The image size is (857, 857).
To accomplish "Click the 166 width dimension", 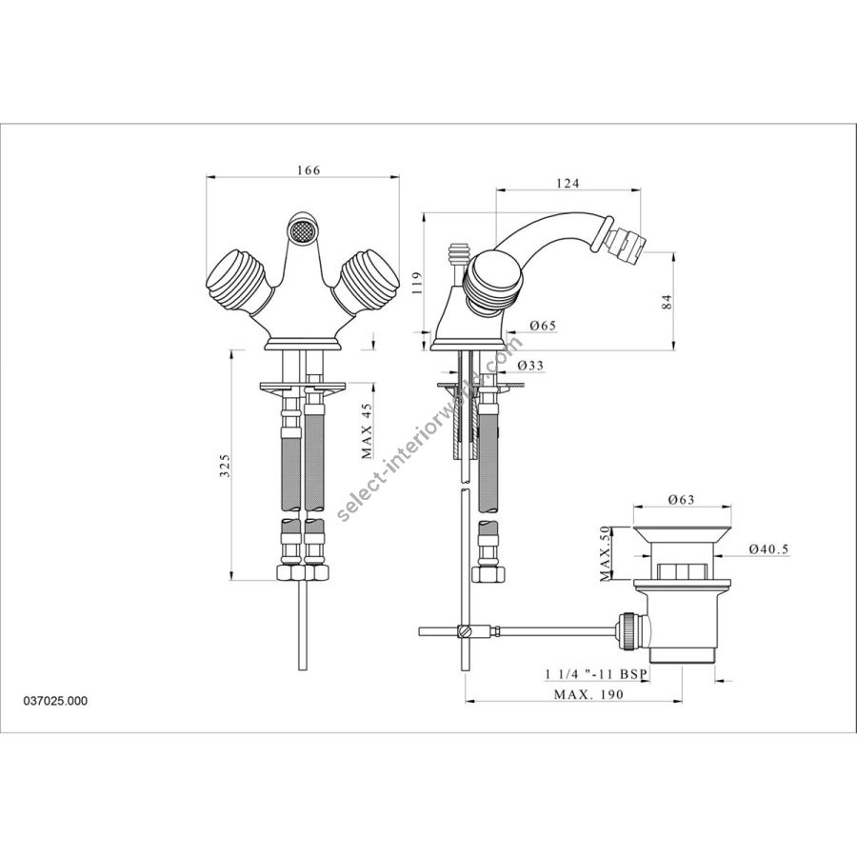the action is [309, 170].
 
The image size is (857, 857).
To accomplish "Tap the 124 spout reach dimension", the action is [568, 184].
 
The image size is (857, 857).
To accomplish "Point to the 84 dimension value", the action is [667, 302].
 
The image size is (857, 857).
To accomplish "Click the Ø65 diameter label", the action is [543, 326].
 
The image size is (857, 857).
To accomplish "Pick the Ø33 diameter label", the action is [530, 365].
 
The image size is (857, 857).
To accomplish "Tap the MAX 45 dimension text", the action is [367, 430].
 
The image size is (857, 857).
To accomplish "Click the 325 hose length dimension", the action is [225, 465].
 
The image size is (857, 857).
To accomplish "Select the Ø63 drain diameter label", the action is [681, 499].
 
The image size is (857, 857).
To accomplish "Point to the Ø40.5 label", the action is [769, 549].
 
